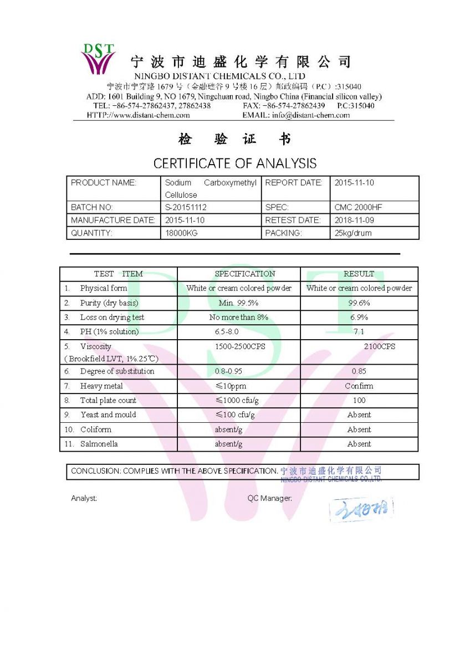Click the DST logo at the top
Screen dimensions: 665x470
[99, 58]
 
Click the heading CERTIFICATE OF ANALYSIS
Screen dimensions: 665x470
[235, 163]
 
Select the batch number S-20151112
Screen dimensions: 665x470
[186, 207]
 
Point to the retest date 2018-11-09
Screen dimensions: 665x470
[354, 220]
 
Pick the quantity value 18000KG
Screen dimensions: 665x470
[181, 233]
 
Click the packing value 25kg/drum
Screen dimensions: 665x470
[353, 233]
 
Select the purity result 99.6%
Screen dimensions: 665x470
[359, 303]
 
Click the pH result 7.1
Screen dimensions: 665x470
[359, 332]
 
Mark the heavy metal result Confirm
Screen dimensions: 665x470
[359, 386]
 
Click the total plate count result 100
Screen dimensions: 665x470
[359, 401]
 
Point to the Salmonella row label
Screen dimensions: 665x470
[99, 444]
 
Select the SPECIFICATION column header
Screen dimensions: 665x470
[244, 274]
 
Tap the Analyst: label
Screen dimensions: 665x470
[84, 498]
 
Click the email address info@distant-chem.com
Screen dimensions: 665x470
[311, 115]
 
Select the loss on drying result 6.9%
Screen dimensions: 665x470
[359, 318]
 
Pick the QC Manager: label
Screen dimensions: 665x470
[269, 498]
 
